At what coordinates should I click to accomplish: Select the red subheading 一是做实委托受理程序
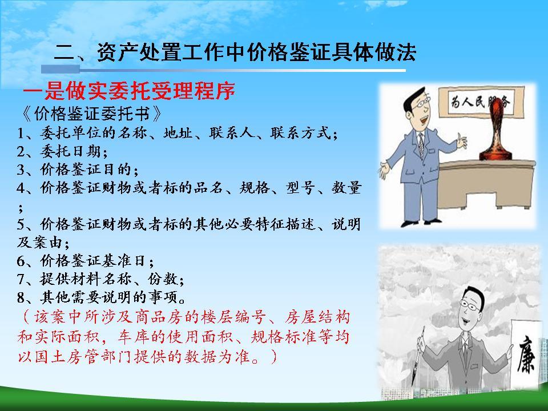pyautogui.click(x=129, y=91)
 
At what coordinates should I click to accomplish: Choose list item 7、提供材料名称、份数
pyautogui.click(x=100, y=280)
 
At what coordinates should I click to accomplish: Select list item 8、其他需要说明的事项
pyautogui.click(x=108, y=297)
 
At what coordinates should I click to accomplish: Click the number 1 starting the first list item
pyautogui.click(x=21, y=134)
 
